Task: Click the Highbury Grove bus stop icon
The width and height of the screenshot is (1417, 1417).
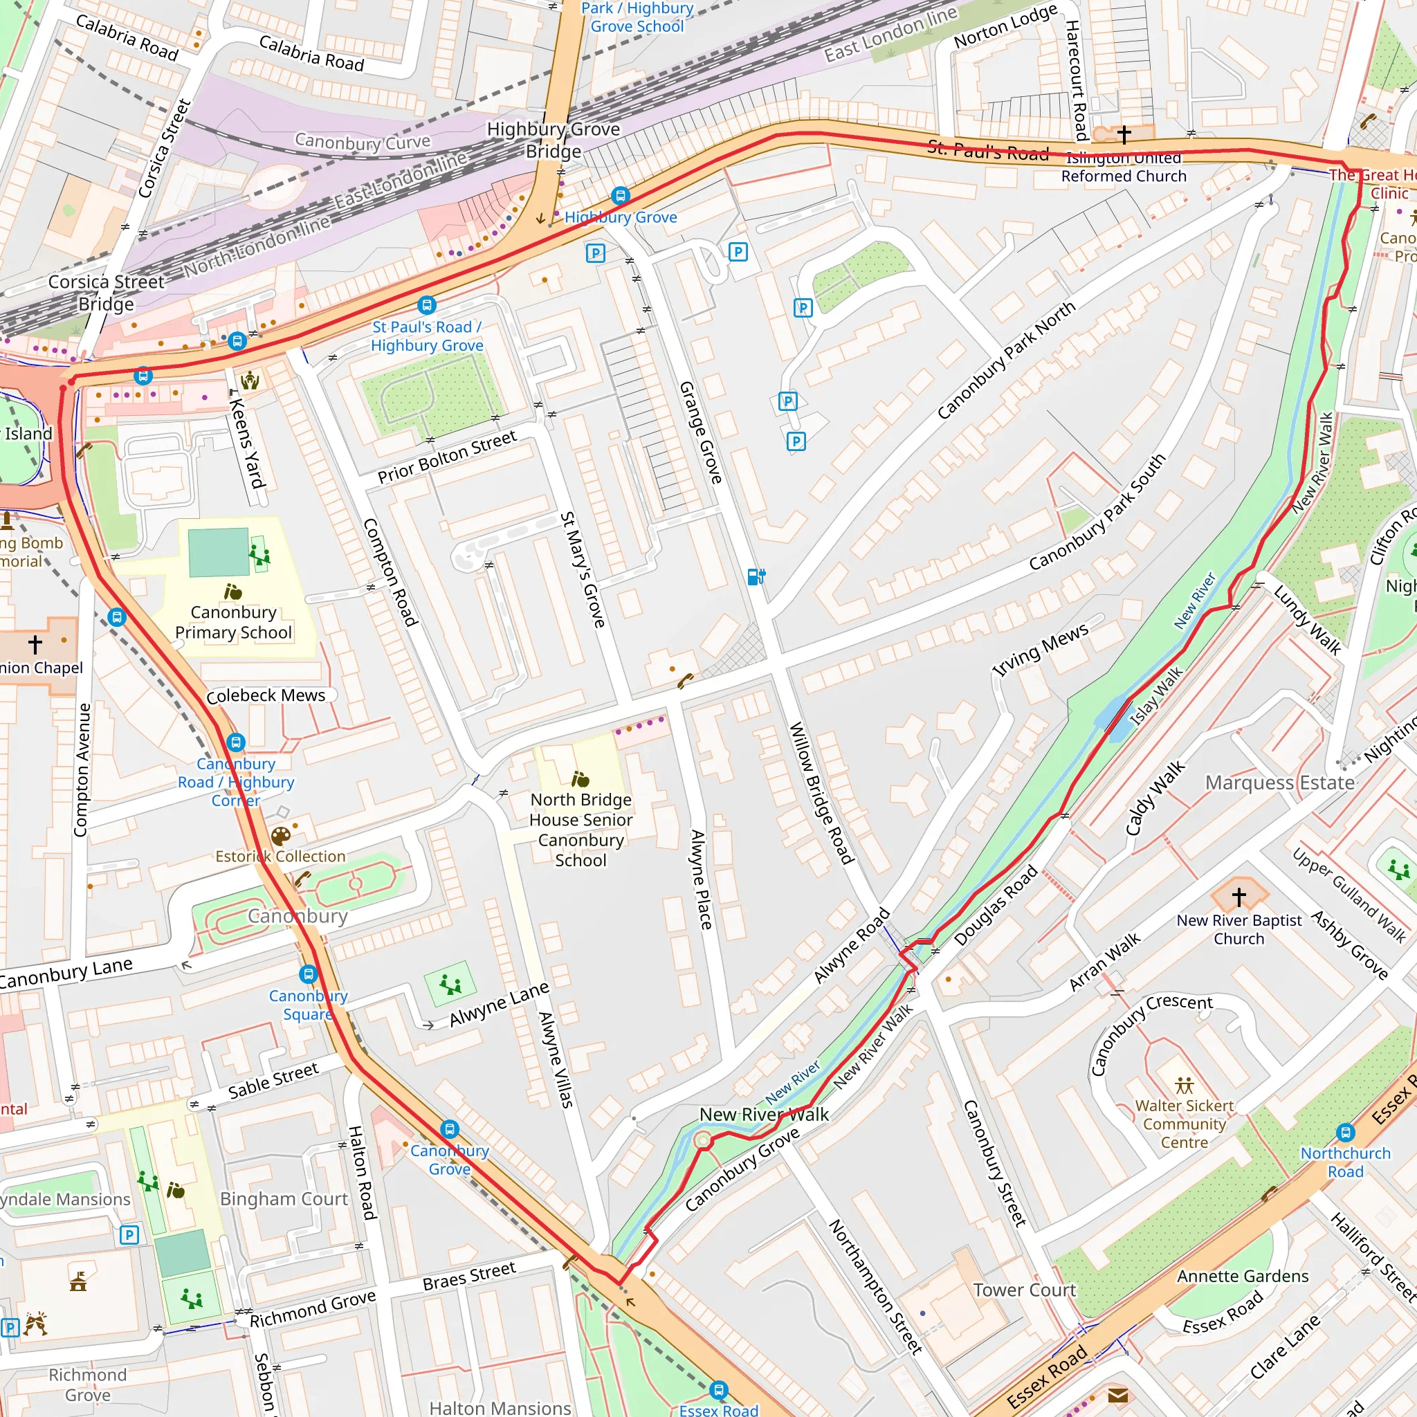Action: pyautogui.click(x=621, y=195)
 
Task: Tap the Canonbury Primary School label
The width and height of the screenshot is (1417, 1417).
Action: pyautogui.click(x=233, y=622)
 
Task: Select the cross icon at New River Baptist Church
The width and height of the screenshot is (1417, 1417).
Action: pyautogui.click(x=1238, y=896)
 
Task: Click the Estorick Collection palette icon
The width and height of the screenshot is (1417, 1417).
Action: pyautogui.click(x=280, y=836)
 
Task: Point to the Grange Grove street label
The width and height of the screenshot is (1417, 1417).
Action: pyautogui.click(x=700, y=432)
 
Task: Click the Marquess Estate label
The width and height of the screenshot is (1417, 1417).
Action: pyautogui.click(x=1280, y=783)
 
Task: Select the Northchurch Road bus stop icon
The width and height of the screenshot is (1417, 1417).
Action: pyautogui.click(x=1345, y=1133)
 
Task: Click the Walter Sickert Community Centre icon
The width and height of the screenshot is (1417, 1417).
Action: pyautogui.click(x=1184, y=1086)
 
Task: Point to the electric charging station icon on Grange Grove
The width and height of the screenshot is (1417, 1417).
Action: pyautogui.click(x=756, y=576)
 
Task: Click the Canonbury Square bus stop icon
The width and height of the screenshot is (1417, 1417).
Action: pyautogui.click(x=308, y=974)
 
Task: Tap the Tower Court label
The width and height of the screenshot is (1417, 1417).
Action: pyautogui.click(x=1024, y=1290)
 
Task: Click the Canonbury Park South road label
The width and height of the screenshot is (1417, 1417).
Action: pyautogui.click(x=1097, y=512)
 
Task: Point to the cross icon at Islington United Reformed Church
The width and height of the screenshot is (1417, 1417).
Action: pyautogui.click(x=1124, y=134)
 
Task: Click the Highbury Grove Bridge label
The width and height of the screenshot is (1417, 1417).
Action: pyautogui.click(x=554, y=140)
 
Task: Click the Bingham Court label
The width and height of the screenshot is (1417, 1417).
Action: pyautogui.click(x=284, y=1198)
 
